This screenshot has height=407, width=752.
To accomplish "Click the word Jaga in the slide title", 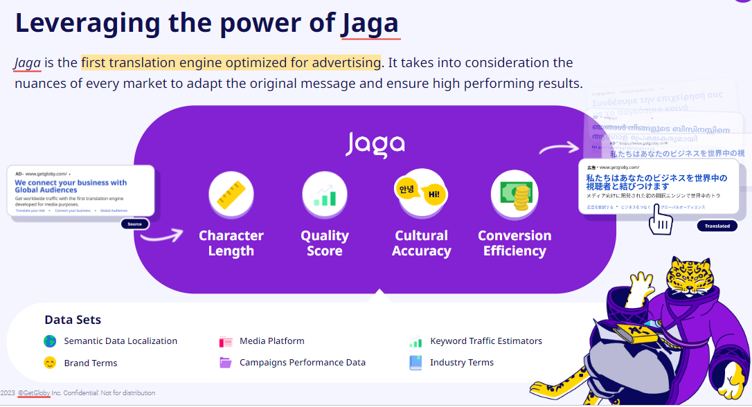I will point(369,24).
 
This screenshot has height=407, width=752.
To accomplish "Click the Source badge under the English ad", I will point(134,224).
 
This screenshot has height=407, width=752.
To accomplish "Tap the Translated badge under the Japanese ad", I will point(717,226).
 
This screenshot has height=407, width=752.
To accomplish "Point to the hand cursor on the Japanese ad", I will point(661,221).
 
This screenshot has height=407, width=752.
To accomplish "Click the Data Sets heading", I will point(73,320).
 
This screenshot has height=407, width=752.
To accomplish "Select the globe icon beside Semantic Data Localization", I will point(50,341).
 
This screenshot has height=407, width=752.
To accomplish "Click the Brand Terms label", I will point(91,363).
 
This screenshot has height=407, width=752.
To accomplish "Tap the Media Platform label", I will point(271,341).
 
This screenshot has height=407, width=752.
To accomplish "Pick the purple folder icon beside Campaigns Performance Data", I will point(226,363).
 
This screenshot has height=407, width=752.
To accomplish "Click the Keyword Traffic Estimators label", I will point(485,341).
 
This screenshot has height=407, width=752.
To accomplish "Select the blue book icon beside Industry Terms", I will point(415,362).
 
